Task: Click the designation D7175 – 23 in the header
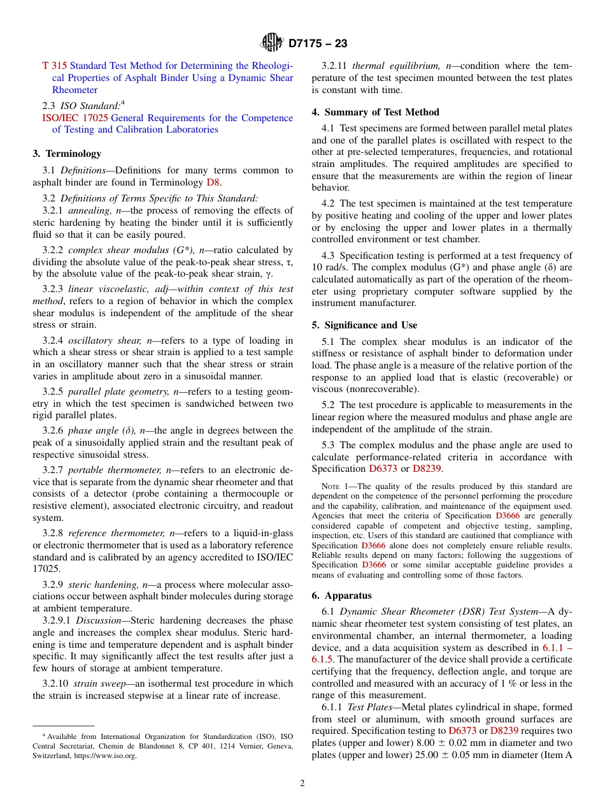point(318,44)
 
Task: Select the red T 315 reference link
point(54,66)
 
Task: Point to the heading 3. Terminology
point(67,154)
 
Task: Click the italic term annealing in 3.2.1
point(90,210)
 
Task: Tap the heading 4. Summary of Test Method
point(375,112)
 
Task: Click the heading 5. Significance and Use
point(364,325)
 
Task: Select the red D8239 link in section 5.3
point(427,469)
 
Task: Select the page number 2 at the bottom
point(302,784)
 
